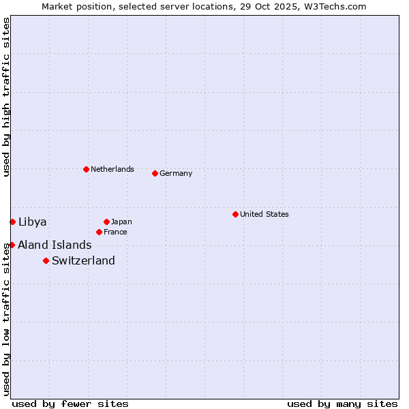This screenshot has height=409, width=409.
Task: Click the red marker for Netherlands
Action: coord(86,169)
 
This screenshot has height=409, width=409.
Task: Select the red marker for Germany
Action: coord(155,173)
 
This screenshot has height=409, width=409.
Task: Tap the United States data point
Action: coord(235,214)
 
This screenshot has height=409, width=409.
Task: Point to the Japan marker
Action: coord(106,222)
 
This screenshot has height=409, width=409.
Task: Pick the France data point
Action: coord(99,232)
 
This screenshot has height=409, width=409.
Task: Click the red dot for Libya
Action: coord(12,222)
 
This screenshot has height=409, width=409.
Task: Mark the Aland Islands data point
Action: coord(12,245)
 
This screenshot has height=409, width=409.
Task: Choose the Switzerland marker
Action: coord(46,260)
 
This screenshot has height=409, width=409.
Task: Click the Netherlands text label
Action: coord(112,169)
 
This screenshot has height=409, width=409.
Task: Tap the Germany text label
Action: coord(176,173)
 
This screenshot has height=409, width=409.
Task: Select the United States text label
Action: coord(264,214)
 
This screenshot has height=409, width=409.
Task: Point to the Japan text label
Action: coord(121,222)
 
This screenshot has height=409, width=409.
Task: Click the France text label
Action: coord(115,232)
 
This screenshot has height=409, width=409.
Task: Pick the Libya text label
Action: coord(33,222)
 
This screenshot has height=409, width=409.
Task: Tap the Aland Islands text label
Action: coord(55,245)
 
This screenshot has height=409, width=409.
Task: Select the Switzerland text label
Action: coord(83,260)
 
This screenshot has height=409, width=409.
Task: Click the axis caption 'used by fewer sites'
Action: coord(70,404)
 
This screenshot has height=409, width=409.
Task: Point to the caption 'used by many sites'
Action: coord(342,404)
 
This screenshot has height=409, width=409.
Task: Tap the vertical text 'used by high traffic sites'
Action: coord(6,97)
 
